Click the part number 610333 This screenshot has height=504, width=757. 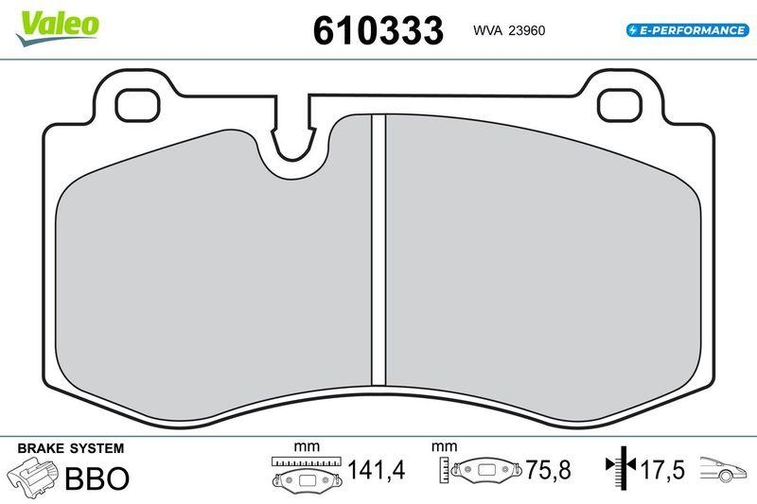pyautogui.click(x=378, y=30)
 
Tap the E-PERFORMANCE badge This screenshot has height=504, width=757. pyautogui.click(x=686, y=30)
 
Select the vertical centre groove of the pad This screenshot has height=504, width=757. pyautogui.click(x=378, y=251)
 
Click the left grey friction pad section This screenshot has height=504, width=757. pyautogui.click(x=213, y=274)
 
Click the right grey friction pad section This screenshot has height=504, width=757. pyautogui.click(x=539, y=274)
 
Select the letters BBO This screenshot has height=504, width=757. pyautogui.click(x=96, y=478)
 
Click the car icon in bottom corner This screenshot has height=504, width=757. pyautogui.click(x=723, y=470)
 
